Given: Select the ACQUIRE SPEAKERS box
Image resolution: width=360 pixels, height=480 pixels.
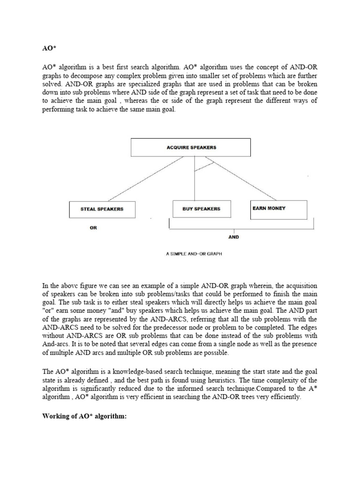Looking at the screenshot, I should (x=191, y=147).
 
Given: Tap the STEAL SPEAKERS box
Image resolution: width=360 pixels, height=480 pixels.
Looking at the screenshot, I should (x=102, y=209).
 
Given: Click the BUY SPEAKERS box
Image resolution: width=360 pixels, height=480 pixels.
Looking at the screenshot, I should (x=201, y=209).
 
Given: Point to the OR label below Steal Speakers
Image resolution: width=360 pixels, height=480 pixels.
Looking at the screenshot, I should (x=94, y=228).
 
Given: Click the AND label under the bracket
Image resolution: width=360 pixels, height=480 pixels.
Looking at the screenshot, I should (x=233, y=237).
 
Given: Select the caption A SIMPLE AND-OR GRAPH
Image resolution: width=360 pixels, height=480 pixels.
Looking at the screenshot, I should (x=194, y=254).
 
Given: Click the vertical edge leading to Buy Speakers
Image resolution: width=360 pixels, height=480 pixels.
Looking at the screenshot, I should (x=195, y=183).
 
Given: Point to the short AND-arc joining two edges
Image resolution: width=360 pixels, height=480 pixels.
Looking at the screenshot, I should (x=204, y=165).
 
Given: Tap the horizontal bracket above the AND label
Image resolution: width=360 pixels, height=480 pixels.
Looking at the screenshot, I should (x=241, y=229).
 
